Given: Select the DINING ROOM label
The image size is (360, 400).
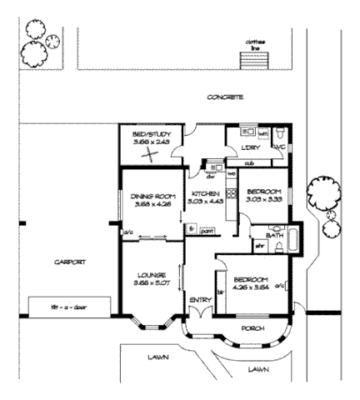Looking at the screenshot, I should point(151,197).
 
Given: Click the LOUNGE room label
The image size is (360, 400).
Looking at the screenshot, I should point(151,274).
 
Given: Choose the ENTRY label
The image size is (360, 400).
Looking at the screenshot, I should point(200,300).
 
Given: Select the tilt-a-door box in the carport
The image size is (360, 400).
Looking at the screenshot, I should point(67,307).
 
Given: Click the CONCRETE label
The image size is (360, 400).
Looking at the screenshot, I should point(225,97).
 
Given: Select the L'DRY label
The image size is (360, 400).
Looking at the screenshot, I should point(251,147).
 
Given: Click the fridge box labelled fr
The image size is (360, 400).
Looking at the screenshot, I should point(191,228).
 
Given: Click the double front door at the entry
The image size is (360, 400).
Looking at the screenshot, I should point(200,316).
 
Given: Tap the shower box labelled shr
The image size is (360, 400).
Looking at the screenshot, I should point(259,246).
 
